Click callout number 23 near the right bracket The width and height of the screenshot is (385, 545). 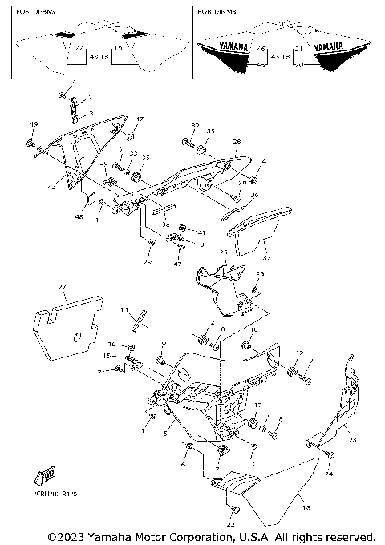(x=351, y=438)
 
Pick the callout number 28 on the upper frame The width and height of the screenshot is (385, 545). (x=236, y=143)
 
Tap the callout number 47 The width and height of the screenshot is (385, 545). (x=139, y=119)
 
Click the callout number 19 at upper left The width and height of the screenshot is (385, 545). (x=34, y=124)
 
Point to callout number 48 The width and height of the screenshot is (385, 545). (x=79, y=216)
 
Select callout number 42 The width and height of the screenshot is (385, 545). (x=177, y=264)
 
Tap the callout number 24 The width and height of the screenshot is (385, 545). (x=328, y=474)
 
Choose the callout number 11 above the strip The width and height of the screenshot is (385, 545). (x=124, y=309)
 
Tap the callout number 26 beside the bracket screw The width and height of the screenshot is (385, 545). (x=259, y=274)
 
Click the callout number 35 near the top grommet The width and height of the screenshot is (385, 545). (x=211, y=130)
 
